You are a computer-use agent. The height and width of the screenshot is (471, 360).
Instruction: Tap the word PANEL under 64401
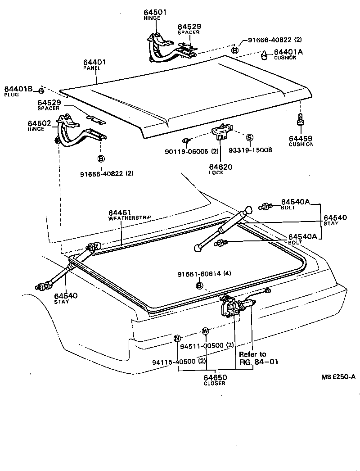click(91, 68)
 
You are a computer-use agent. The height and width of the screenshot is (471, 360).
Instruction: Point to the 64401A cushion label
click(288, 52)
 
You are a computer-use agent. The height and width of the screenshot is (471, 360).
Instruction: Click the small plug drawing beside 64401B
click(41, 90)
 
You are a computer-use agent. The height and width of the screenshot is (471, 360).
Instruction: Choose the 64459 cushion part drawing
click(300, 121)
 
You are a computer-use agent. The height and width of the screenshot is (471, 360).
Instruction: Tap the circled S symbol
click(250, 137)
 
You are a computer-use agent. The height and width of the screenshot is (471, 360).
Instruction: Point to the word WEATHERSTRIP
click(130, 217)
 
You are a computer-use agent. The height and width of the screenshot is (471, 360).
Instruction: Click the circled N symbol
click(177, 338)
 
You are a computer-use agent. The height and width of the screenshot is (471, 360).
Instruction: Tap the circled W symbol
click(205, 331)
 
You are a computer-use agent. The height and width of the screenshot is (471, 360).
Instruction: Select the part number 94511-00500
click(202, 345)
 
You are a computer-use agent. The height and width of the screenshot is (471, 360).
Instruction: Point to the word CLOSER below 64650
click(214, 383)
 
